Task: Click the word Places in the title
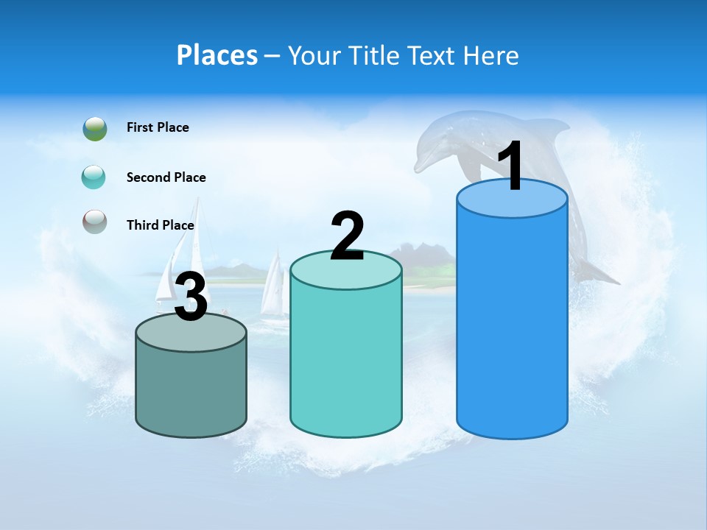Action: pyautogui.click(x=217, y=55)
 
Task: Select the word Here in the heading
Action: pyautogui.click(x=492, y=55)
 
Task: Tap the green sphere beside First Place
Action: pyautogui.click(x=95, y=128)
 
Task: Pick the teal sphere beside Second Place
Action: pyautogui.click(x=94, y=177)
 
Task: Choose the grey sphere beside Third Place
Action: pyautogui.click(x=95, y=222)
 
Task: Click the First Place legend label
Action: pyautogui.click(x=158, y=127)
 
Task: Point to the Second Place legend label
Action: pyautogui.click(x=166, y=177)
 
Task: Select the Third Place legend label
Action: pyautogui.click(x=160, y=225)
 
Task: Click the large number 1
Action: pyautogui.click(x=511, y=167)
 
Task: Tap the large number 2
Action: pyautogui.click(x=348, y=236)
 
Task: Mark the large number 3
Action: pyautogui.click(x=191, y=298)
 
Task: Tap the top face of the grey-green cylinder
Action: pyautogui.click(x=191, y=335)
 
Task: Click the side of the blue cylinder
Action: pyautogui.click(x=512, y=324)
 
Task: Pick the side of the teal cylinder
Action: pyautogui.click(x=346, y=361)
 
